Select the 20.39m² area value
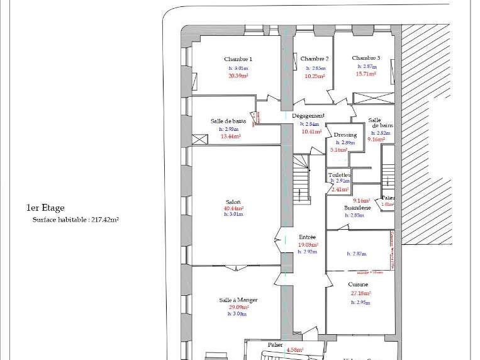[238, 75]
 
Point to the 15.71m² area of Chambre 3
[366, 74]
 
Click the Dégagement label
[308, 116]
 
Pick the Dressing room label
[345, 135]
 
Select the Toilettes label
[339, 174]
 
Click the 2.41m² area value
[340, 189]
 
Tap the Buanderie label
[357, 207]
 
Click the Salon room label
[233, 201]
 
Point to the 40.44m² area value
[233, 208]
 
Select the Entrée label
[307, 237]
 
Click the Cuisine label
[359, 284]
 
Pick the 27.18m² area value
[360, 293]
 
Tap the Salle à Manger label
[238, 300]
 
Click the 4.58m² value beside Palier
[295, 350]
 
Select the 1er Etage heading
[45, 208]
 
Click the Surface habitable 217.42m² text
[75, 220]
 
